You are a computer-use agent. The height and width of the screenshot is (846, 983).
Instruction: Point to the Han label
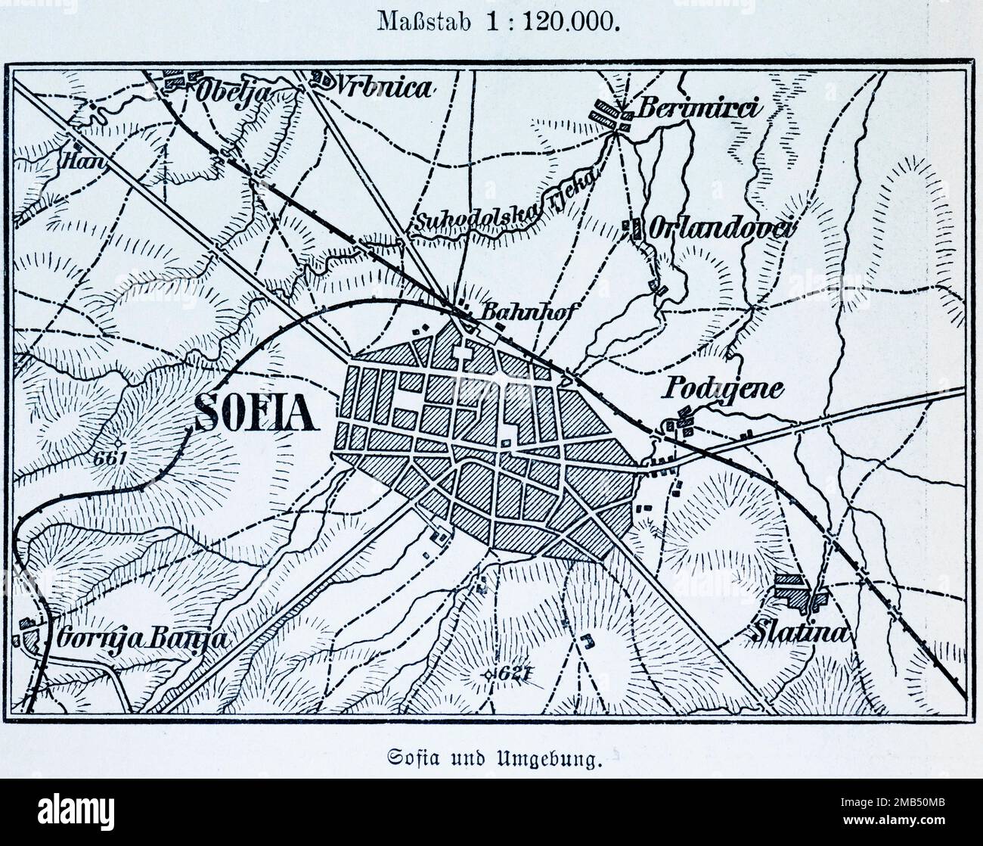tap(74, 160)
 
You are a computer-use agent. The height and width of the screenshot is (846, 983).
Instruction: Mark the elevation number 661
tap(110, 459)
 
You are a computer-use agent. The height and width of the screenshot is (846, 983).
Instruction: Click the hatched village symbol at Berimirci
tap(612, 114)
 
